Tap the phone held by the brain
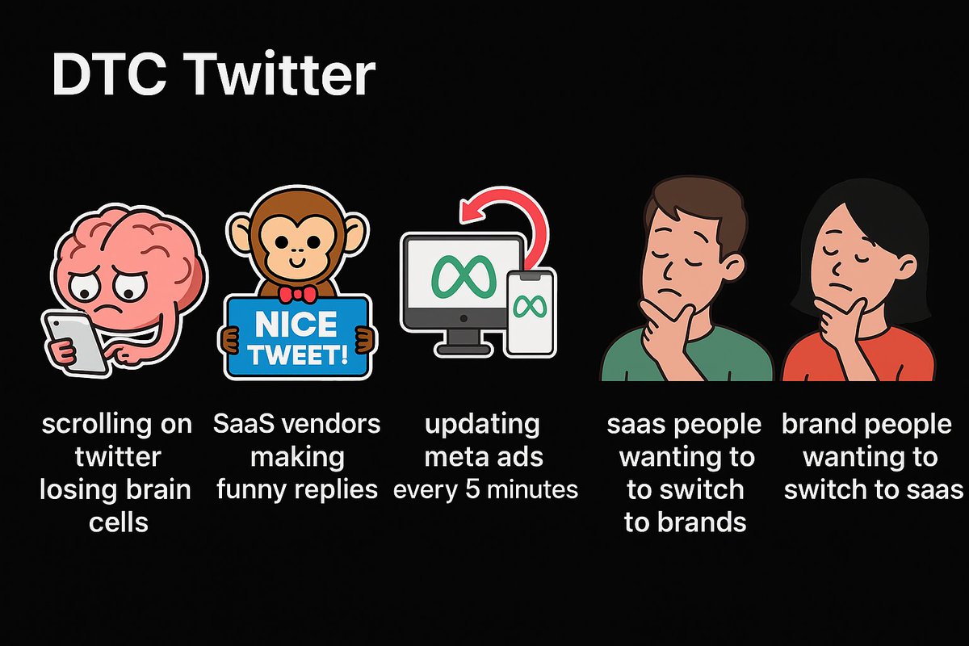[73, 343]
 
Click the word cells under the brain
[118, 522]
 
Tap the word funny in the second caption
[257, 489]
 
